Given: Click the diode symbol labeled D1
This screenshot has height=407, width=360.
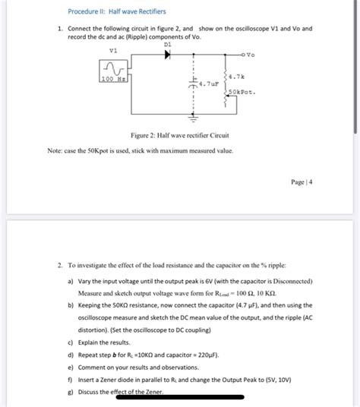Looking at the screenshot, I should [168, 54].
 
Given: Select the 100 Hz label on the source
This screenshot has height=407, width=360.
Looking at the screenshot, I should [113, 79].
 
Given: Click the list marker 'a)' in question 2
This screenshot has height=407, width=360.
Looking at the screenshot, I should [71, 282].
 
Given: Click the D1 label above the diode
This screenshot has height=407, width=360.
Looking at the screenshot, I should [168, 44].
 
